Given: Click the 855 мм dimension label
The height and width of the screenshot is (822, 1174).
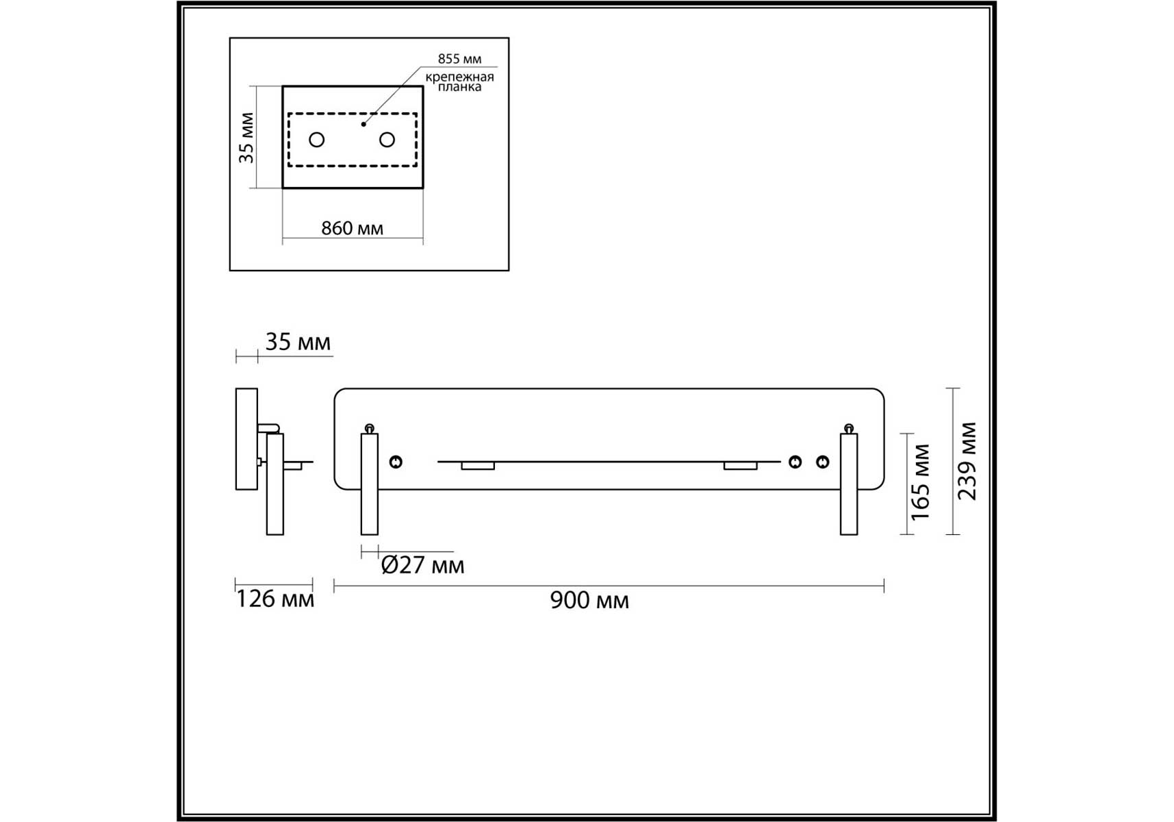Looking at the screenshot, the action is [x=459, y=59].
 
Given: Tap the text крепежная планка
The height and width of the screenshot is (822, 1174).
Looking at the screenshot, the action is [x=459, y=82].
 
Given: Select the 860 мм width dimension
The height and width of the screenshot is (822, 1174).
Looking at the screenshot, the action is [x=353, y=228].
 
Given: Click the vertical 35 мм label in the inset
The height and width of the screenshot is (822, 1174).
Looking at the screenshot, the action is [x=246, y=138].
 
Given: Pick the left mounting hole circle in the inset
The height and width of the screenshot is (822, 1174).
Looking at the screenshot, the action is [x=316, y=140].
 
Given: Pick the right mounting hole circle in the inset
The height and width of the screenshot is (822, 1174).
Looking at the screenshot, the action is [x=387, y=140].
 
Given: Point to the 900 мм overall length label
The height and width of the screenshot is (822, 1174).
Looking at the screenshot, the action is [x=589, y=600].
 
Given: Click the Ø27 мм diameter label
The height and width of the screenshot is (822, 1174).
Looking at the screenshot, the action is [x=422, y=565].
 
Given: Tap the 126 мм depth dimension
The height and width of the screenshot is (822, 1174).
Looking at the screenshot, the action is [x=275, y=599].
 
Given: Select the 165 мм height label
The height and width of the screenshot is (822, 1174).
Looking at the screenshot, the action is [x=921, y=482].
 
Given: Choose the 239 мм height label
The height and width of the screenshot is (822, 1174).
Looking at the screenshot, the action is [x=967, y=461].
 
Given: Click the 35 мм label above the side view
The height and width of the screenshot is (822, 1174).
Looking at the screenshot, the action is [x=298, y=342].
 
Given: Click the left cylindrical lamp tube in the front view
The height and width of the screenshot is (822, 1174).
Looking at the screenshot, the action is [x=369, y=484].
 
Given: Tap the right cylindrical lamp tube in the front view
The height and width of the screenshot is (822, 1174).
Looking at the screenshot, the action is [x=849, y=484].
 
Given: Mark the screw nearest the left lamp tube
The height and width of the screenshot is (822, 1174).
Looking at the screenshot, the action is [x=396, y=462].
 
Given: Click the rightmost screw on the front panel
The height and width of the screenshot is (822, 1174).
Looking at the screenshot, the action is [x=823, y=462].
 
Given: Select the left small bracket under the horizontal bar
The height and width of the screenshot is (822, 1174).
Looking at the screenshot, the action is [x=478, y=466].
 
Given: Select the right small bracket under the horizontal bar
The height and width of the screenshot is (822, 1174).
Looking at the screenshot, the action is [x=741, y=466].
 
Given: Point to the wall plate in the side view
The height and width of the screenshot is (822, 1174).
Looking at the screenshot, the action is [x=246, y=439].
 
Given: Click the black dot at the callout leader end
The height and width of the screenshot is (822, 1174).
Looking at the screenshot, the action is [x=363, y=124].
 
